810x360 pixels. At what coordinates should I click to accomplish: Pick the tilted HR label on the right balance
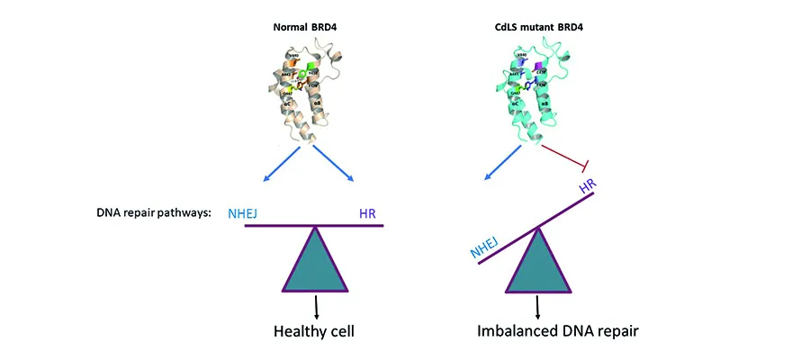pyautogui.click(x=586, y=187)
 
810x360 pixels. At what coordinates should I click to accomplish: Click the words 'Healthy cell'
pyautogui.click(x=314, y=331)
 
